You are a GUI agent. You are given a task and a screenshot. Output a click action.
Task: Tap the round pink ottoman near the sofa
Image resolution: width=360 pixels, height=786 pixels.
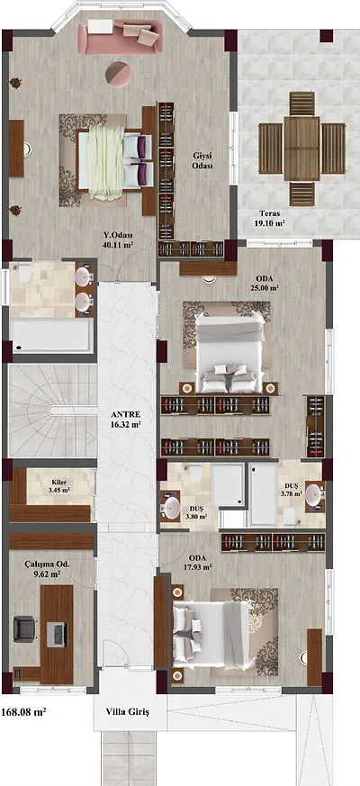[x=119, y=74]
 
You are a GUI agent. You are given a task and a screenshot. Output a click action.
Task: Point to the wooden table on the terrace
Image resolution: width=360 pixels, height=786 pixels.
[x=301, y=149]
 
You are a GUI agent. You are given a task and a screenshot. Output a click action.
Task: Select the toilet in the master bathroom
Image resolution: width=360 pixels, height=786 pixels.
[x=23, y=273]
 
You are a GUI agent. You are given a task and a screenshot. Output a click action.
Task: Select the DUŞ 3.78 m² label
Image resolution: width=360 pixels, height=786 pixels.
[x=292, y=489]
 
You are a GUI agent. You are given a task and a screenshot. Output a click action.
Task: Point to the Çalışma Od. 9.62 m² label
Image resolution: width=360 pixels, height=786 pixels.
[x=48, y=569]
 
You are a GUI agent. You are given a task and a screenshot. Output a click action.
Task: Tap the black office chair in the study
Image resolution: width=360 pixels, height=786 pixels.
[x=24, y=628]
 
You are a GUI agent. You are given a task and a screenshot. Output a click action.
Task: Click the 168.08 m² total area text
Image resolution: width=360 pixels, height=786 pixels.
[x=24, y=711]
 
